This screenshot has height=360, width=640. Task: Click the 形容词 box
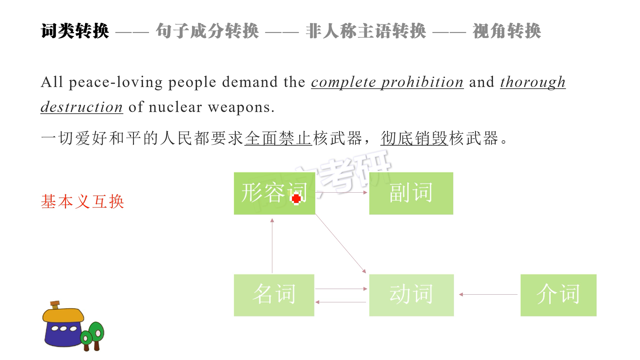[x=275, y=193]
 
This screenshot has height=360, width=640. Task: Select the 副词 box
[x=411, y=193]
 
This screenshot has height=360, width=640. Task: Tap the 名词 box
[x=274, y=295]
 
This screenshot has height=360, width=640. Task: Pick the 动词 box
[x=412, y=295]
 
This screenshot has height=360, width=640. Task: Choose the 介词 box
[x=559, y=295]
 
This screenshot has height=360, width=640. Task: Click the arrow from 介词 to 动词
[x=488, y=294]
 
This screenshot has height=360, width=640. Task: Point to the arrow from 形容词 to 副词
[x=341, y=192]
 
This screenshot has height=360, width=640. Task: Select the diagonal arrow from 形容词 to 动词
[x=341, y=244]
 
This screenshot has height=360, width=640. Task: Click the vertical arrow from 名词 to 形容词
[x=272, y=246]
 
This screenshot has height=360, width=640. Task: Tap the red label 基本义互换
[x=82, y=202]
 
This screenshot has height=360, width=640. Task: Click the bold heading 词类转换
[x=75, y=31]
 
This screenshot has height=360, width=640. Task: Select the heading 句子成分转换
[x=207, y=31]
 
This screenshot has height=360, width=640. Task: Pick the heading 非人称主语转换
[x=366, y=31]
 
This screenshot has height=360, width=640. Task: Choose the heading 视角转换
[x=507, y=31]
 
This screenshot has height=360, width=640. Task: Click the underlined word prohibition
[x=422, y=82]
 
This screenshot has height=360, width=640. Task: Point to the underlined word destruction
[x=82, y=107]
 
